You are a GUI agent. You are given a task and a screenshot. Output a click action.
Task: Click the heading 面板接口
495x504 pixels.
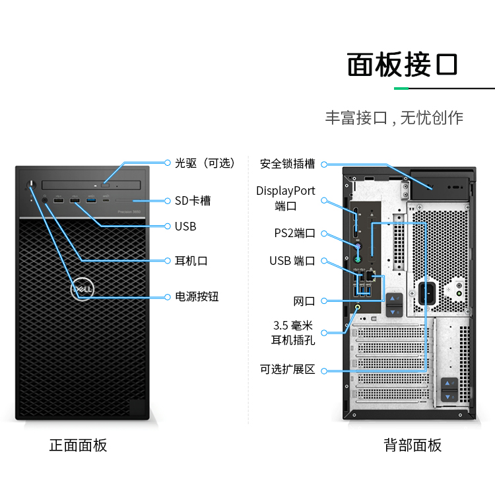pyautogui.click(x=402, y=65)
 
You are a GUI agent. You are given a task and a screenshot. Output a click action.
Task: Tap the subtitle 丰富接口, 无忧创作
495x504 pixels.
pyautogui.click(x=394, y=118)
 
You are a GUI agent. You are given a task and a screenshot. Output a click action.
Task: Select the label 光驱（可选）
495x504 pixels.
pyautogui.click(x=205, y=162)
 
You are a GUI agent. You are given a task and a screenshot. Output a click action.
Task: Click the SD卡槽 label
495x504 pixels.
pyautogui.click(x=193, y=200)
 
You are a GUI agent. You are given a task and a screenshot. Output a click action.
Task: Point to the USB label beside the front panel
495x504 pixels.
pyautogui.click(x=185, y=226)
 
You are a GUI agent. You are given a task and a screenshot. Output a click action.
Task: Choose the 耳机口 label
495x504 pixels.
pyautogui.click(x=191, y=261)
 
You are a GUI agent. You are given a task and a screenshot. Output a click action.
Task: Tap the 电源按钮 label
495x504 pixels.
pyautogui.click(x=197, y=297)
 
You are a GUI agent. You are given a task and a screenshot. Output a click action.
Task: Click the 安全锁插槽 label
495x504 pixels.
pyautogui.click(x=287, y=163)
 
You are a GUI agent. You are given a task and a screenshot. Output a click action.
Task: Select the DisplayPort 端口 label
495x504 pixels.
pyautogui.click(x=286, y=198)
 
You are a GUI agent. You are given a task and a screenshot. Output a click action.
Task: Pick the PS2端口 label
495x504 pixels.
pyautogui.click(x=294, y=233)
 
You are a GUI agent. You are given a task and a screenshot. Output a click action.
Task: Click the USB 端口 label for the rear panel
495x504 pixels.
pyautogui.click(x=292, y=261)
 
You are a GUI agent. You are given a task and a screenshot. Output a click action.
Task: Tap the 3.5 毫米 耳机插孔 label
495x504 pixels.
pyautogui.click(x=293, y=333)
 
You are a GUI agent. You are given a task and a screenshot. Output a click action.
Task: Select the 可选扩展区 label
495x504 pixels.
pyautogui.click(x=287, y=369)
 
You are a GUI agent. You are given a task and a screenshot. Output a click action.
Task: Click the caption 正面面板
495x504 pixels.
pyautogui.click(x=78, y=445)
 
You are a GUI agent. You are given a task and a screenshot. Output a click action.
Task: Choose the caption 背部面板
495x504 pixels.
pyautogui.click(x=412, y=445)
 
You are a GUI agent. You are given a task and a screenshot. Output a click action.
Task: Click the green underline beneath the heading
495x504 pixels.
pyautogui.click(x=402, y=88)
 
